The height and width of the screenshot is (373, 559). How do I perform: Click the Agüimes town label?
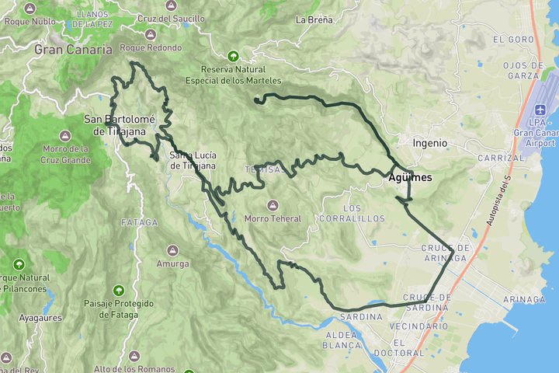pos(410,178)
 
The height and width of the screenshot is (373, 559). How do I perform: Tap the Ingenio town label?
pos(429,143)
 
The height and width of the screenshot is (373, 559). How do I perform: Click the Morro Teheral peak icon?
pos(273,205)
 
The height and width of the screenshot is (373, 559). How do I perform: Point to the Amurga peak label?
pos(172,264)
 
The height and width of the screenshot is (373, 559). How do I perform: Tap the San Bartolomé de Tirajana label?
pos(120,125)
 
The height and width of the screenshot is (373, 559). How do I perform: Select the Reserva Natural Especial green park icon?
pos(233,55)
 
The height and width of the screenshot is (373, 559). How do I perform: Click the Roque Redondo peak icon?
pos(149,33)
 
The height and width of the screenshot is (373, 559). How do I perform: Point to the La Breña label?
pos(314,19)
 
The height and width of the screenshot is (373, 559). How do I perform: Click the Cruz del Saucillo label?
pos(171,19)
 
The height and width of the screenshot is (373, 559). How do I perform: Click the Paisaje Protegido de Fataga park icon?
pos(118,290)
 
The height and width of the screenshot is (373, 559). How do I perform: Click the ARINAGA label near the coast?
pos(523,299)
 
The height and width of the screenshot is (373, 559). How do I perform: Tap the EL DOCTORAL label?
pos(408,347)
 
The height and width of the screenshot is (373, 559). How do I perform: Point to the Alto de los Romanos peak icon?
pos(134,355)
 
